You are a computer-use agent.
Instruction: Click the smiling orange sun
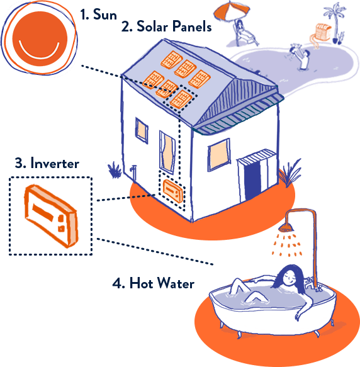[x=40, y=38]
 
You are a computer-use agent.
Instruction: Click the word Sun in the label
[x=105, y=14]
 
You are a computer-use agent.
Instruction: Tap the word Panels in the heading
[x=192, y=26]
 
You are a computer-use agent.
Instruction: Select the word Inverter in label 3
[x=55, y=163]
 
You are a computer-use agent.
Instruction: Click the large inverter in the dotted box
[x=51, y=216]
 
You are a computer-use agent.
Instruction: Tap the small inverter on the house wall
[x=173, y=191]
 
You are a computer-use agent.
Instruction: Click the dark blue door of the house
[x=252, y=181]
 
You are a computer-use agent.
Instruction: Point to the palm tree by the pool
[x=335, y=23]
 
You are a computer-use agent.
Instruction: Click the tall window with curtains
[x=167, y=152]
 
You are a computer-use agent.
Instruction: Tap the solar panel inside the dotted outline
[x=181, y=99]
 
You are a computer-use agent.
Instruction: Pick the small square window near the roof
[x=142, y=130]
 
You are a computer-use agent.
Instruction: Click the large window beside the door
[x=219, y=155]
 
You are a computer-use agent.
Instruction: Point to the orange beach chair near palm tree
[x=323, y=31]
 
